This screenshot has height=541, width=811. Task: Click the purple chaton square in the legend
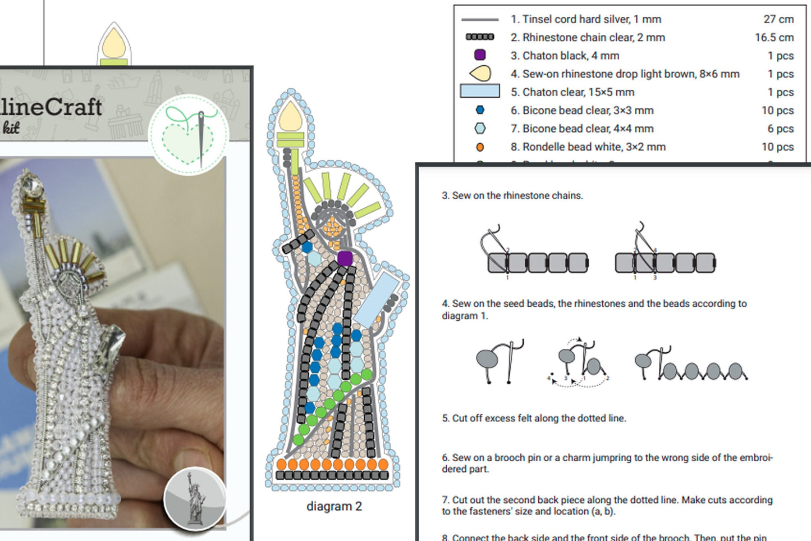click(479, 55)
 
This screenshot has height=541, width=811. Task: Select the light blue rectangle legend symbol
click(479, 91)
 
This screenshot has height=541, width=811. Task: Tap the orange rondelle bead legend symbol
click(479, 147)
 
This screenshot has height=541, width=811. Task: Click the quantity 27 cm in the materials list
click(778, 19)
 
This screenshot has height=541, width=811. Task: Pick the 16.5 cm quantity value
click(773, 38)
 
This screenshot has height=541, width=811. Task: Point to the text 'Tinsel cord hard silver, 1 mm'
click(585, 19)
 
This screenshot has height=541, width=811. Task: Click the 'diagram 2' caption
click(334, 506)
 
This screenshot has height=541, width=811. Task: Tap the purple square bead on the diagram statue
click(345, 258)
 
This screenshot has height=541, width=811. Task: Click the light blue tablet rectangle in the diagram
click(375, 299)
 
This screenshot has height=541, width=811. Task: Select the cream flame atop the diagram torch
click(291, 117)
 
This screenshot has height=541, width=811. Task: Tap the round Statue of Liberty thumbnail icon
click(194, 498)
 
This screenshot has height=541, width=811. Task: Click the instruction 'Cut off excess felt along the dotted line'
click(533, 418)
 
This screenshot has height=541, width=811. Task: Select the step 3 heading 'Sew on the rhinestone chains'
click(512, 196)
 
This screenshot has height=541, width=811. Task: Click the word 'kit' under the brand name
click(11, 128)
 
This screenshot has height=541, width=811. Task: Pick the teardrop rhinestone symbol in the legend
click(480, 73)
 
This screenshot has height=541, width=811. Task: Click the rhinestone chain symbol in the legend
click(479, 37)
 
